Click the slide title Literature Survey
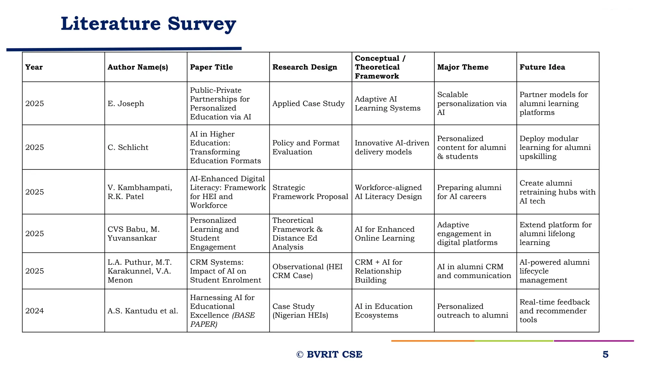point(148,24)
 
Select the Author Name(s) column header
point(138,67)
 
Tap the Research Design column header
point(304,67)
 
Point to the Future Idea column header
point(542,67)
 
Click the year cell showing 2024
point(34,311)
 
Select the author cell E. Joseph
point(126,103)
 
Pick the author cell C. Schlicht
point(128,147)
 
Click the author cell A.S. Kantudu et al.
point(143,311)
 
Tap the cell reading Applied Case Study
point(308,103)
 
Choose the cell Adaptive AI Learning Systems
point(387,103)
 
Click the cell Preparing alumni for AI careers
point(469,192)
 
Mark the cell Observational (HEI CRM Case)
point(307,271)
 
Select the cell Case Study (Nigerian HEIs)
point(300,311)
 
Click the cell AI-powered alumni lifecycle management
point(554,271)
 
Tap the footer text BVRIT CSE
point(334,354)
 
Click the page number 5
point(605,354)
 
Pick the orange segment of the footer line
point(432,341)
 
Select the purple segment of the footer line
point(594,341)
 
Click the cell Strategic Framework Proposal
point(310,192)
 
